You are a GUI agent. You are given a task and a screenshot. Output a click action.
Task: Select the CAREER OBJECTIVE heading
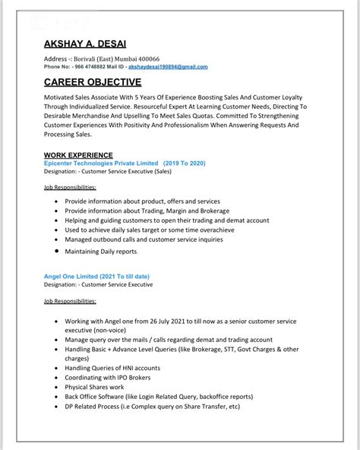click(93, 82)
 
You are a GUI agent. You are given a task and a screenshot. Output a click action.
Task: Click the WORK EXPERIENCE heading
click(78, 155)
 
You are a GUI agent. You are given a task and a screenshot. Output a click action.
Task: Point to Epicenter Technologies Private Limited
click(101, 163)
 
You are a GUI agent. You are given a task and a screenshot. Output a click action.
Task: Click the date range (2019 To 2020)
click(183, 163)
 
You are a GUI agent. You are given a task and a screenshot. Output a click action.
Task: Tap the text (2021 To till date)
click(128, 276)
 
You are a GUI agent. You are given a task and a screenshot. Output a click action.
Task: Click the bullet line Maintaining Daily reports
click(100, 250)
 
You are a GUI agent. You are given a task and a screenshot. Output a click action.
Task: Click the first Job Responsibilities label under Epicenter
click(70, 186)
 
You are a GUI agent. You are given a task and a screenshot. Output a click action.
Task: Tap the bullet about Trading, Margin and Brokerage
click(147, 211)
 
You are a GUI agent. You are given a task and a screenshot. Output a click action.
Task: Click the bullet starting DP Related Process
click(152, 406)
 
